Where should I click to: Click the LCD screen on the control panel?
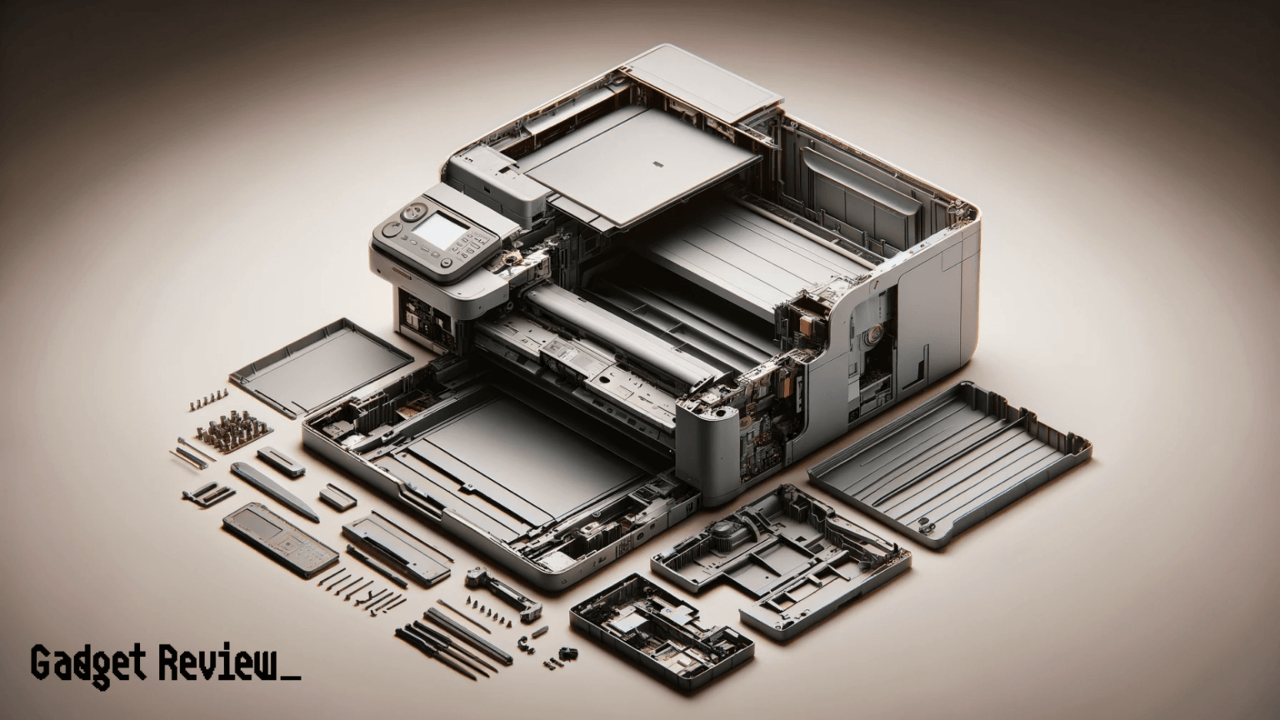click(441, 229)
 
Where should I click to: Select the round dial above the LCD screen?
click(413, 212)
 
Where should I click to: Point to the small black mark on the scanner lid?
click(654, 162)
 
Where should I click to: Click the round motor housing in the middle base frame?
click(722, 531)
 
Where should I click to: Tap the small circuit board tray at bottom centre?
click(662, 631)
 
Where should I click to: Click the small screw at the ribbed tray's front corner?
click(922, 525)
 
